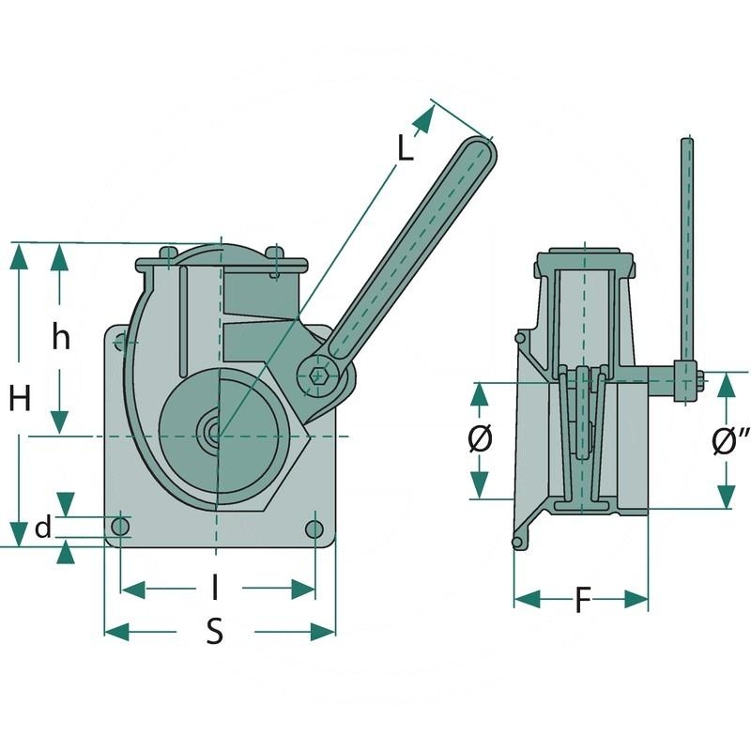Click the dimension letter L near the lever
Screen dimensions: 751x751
pos(405,148)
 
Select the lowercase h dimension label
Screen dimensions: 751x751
pos(61,337)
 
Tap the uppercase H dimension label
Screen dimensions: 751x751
pos(21,399)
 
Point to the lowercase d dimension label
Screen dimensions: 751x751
pos(42,529)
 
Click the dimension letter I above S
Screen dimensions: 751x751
pos(216,589)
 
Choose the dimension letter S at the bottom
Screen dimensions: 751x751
pos(215,632)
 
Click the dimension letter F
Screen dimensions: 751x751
pos(582,601)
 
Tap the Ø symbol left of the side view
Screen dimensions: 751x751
pos(480,439)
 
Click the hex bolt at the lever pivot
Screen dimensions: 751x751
pos(318,375)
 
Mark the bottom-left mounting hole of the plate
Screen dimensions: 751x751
pos(120,528)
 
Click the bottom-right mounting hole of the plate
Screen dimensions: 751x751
pos(314,529)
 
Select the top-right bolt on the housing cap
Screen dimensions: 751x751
pos(274,253)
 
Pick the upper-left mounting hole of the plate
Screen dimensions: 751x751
pos(121,341)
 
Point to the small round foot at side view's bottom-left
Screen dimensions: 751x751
pos(516,543)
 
